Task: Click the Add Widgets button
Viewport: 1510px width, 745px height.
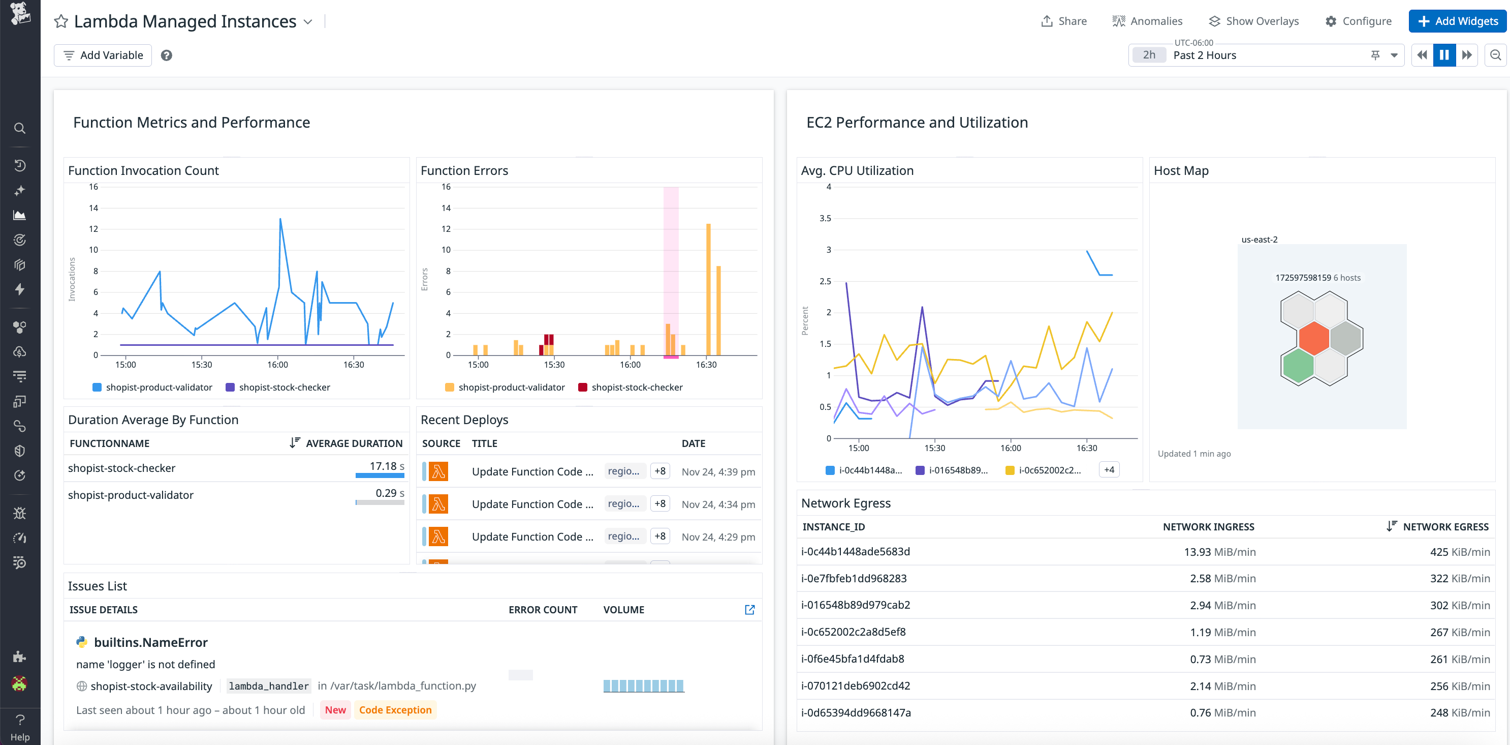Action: tap(1457, 21)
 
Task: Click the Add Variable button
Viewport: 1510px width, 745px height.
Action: tap(103, 55)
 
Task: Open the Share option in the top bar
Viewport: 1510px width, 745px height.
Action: tap(1064, 21)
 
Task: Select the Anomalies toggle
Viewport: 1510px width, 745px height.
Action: tap(1147, 21)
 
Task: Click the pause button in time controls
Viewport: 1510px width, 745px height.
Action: tap(1444, 55)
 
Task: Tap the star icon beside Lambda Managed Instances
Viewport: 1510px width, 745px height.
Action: tap(61, 22)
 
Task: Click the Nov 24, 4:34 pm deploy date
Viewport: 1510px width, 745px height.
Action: tap(718, 504)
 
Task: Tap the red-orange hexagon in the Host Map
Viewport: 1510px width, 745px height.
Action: tap(1314, 339)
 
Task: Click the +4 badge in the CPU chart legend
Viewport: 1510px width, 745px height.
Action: tap(1109, 470)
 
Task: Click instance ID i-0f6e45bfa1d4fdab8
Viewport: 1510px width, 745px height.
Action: tap(853, 659)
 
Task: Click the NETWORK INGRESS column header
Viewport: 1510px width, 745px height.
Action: tap(1208, 527)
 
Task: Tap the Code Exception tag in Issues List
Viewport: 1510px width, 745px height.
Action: tap(395, 710)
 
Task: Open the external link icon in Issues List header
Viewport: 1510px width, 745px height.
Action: tap(749, 610)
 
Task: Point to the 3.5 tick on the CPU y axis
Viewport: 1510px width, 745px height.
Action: tap(825, 218)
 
